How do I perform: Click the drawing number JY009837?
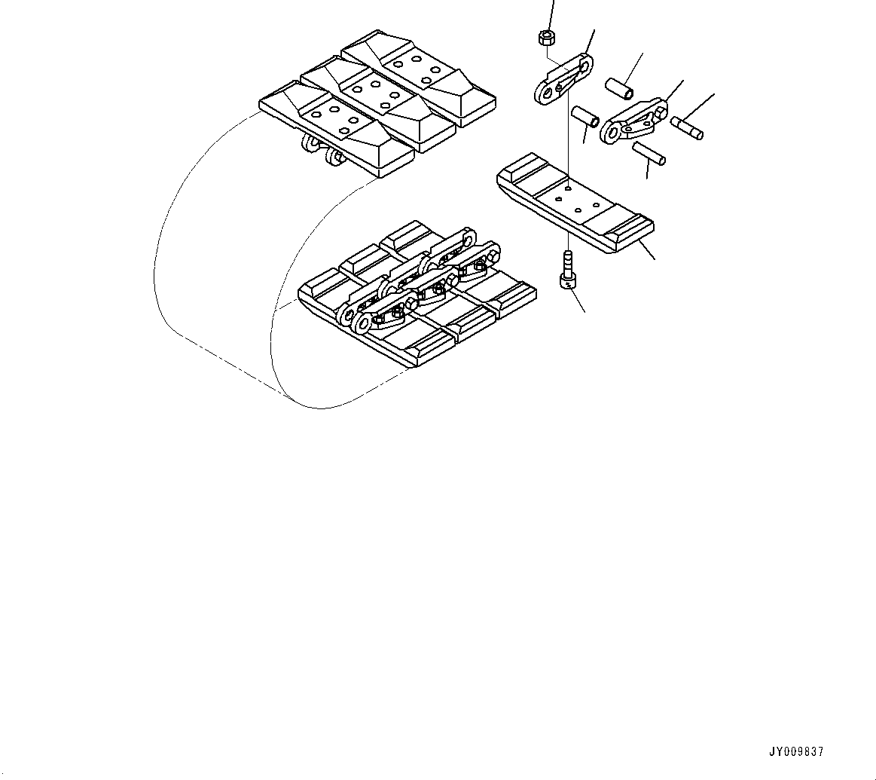pos(796,751)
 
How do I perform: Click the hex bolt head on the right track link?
pos(661,112)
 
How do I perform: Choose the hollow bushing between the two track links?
pos(585,117)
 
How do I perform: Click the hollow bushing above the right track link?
pos(621,86)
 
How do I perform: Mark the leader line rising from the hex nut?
pos(551,14)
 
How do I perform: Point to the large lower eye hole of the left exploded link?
pos(544,94)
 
